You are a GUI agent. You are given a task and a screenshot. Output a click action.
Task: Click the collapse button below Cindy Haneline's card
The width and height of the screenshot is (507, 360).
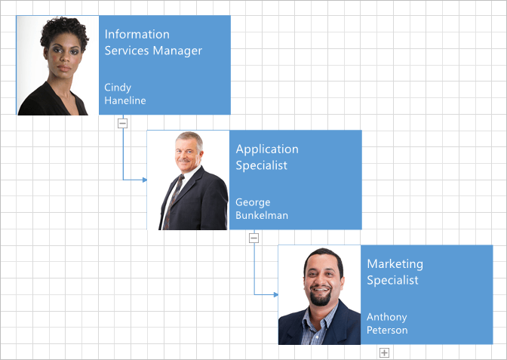pos(122,123)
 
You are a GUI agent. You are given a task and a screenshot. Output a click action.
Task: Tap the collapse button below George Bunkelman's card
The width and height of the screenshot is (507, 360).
pos(253,238)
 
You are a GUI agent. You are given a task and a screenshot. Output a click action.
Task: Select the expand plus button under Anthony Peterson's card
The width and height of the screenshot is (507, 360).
pos(384,352)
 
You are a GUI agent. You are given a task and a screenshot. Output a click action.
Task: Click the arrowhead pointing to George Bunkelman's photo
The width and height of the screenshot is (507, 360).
pos(145,180)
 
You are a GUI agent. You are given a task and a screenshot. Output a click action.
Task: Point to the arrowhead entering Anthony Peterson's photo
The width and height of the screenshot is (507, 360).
pos(276,294)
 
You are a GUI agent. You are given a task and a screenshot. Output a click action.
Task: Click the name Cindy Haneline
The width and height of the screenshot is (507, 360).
pos(125,94)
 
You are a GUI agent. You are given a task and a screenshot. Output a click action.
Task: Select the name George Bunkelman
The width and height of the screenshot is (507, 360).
pos(262,208)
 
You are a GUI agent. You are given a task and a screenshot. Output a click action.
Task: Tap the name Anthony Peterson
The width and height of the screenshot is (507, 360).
pos(387,324)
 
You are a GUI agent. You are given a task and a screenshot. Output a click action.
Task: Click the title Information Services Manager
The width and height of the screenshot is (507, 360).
pos(153,42)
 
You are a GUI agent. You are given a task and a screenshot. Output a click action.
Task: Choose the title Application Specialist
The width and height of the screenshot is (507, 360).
pos(267,157)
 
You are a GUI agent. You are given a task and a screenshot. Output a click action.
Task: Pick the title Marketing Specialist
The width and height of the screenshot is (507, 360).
pos(395,272)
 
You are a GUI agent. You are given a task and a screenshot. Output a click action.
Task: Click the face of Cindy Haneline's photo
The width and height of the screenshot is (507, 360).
pos(63,56)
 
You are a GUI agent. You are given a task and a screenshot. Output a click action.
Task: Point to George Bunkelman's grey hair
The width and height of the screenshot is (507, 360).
pos(191,138)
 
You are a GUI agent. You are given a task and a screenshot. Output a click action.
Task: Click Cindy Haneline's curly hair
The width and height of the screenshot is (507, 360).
pos(65,32)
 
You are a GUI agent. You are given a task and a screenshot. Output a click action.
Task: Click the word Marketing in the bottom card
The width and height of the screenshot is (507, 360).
pos(395,264)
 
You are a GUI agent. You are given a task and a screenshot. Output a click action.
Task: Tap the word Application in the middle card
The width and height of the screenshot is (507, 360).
pos(267,149)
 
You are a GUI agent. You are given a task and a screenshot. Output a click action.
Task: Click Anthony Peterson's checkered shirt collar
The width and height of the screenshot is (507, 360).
pos(318,318)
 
